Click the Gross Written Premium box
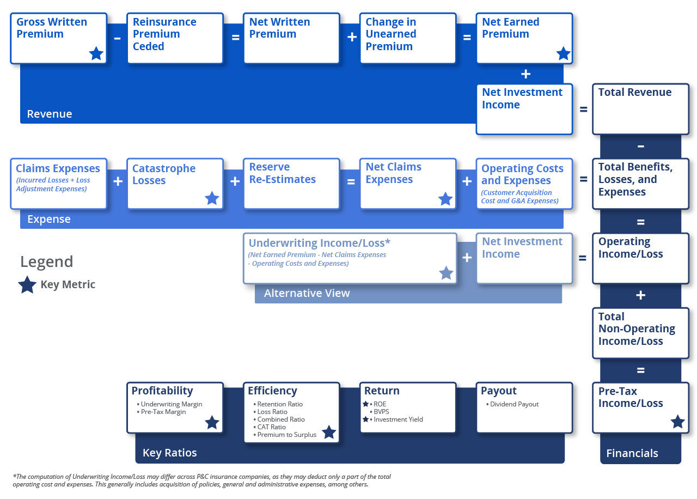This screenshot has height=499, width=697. [x=58, y=38]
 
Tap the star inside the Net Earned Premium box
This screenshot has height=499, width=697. [x=564, y=53]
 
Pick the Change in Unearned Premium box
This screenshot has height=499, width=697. [x=407, y=38]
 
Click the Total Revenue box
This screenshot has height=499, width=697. [x=640, y=108]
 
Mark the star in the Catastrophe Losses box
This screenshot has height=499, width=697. [x=212, y=198]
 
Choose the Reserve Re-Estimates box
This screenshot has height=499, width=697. [x=291, y=184]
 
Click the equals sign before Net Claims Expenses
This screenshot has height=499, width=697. [x=351, y=181]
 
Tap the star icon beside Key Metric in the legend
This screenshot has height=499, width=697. [x=27, y=285]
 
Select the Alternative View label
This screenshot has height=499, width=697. [x=307, y=293]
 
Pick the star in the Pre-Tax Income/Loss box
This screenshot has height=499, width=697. [x=677, y=422]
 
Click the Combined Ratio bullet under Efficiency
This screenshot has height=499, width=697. [x=281, y=419]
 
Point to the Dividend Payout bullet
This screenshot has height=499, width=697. [x=514, y=404]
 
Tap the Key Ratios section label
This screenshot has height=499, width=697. [x=169, y=453]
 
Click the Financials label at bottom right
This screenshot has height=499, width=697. [x=632, y=453]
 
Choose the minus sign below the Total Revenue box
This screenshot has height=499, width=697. [x=640, y=146]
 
